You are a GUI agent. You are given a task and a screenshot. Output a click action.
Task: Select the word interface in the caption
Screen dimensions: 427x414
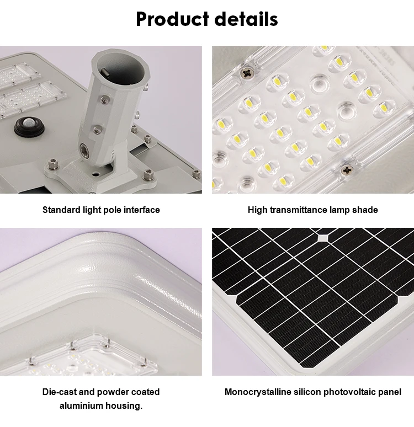(x=141, y=210)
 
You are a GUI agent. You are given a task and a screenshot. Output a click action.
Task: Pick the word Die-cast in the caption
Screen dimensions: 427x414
(x=60, y=392)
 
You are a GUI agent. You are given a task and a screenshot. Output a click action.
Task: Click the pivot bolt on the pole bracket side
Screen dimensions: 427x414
(x=84, y=150)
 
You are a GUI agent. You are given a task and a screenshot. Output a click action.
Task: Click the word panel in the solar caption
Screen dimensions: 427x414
(x=390, y=392)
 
